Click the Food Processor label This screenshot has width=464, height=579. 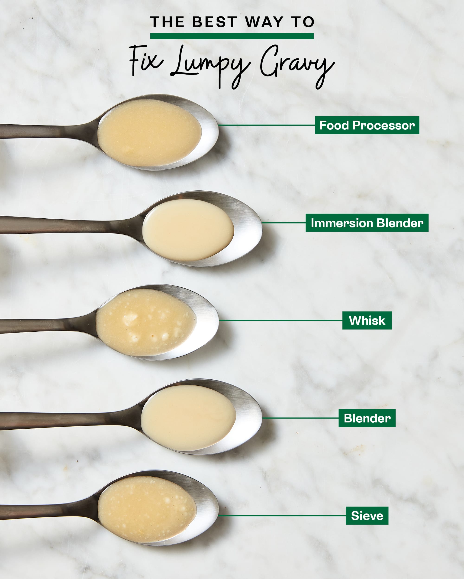pos(367,125)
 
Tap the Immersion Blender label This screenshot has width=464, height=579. pos(367,223)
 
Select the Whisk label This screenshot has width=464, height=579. pos(367,320)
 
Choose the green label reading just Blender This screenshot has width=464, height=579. pos(367,418)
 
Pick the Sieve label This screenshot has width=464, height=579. pos(367,516)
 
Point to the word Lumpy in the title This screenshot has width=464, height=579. pos(210,64)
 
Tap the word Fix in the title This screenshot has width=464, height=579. pos(145,60)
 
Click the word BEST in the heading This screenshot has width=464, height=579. pos(214,22)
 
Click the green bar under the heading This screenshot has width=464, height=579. pos(232,36)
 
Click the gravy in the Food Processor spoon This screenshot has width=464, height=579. pos(149,133)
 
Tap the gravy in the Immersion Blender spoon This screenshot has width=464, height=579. pos(188,230)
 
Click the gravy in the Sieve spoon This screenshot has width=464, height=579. pos(147,509)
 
